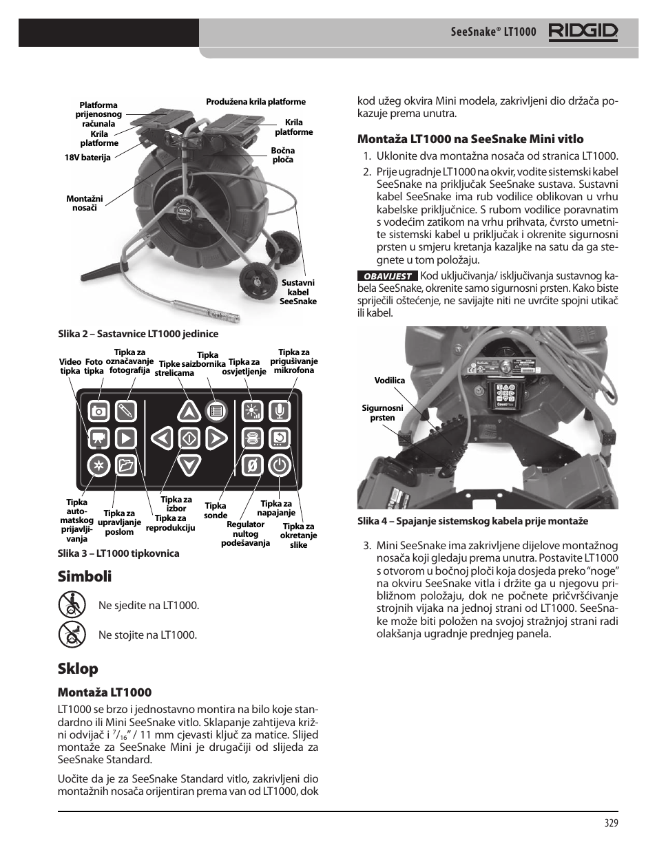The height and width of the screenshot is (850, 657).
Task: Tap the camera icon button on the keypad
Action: [x=99, y=412]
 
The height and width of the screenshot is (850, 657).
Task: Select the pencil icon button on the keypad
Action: [x=125, y=412]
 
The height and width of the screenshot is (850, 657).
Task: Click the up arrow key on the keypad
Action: [x=189, y=412]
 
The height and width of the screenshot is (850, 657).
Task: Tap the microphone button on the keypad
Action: [x=279, y=412]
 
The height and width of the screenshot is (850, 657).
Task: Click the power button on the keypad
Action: [x=278, y=466]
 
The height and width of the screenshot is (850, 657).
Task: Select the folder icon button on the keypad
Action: [x=125, y=466]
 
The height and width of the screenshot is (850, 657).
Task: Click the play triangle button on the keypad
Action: [x=125, y=438]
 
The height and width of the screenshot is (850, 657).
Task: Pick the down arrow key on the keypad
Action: [x=189, y=466]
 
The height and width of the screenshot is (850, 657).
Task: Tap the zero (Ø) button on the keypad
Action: [x=252, y=466]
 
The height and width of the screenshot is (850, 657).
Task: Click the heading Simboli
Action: [x=85, y=575]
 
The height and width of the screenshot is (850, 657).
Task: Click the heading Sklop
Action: [x=78, y=668]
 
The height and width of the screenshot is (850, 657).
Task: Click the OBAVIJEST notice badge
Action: [x=387, y=275]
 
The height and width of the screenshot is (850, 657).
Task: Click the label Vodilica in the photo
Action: [x=390, y=380]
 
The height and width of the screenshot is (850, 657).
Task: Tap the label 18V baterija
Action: [x=87, y=158]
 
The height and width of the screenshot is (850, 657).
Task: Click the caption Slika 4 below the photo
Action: [x=472, y=522]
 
